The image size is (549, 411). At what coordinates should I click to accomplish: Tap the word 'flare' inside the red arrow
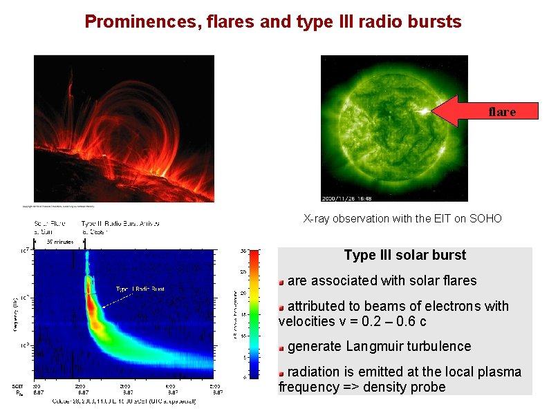point(502,111)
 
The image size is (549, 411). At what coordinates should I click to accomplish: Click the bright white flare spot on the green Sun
point(420,109)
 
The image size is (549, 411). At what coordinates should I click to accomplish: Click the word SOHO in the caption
point(486,218)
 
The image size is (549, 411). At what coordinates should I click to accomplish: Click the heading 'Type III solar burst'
point(404,255)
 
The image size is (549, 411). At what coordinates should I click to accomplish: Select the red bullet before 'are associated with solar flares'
point(281,282)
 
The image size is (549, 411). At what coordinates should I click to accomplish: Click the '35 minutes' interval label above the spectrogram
point(59,242)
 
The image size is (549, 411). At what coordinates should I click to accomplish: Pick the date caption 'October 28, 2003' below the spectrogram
point(69,401)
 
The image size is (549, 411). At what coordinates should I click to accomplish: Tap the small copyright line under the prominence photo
point(59,205)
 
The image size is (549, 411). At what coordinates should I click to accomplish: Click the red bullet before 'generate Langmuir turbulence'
point(281,347)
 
